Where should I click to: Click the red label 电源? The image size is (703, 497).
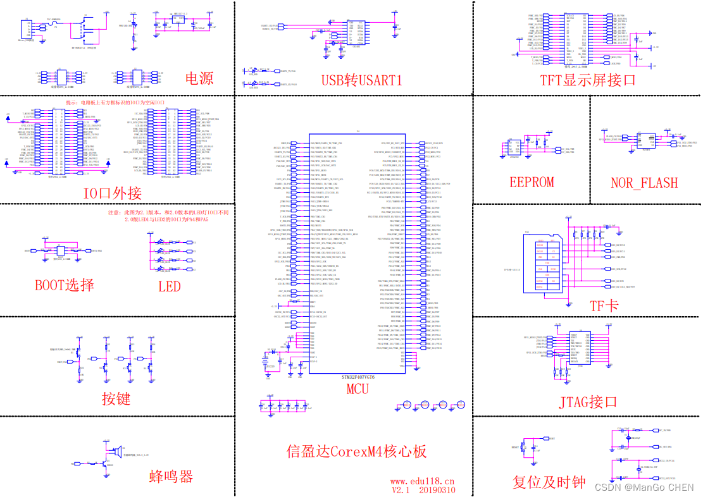(199, 78)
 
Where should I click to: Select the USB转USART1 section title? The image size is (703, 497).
(361, 80)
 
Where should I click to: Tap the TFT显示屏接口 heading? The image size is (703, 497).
(587, 80)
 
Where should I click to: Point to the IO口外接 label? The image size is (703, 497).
(112, 193)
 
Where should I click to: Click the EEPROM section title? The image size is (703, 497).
(532, 182)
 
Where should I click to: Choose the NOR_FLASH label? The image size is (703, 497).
(644, 183)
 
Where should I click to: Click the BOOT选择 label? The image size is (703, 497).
(65, 285)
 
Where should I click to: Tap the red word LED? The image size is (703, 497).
(169, 286)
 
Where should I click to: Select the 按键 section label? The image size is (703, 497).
(116, 398)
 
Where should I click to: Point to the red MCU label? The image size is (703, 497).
(357, 389)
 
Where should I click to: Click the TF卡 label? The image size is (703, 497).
(604, 306)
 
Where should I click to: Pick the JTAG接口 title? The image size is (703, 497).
(588, 402)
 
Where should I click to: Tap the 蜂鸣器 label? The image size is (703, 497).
(171, 477)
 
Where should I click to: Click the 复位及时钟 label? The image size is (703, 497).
(549, 482)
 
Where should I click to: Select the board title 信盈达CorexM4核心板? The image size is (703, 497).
(356, 451)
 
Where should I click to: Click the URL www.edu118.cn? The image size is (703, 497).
(422, 481)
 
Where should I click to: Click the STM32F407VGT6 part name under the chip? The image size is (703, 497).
(358, 377)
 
